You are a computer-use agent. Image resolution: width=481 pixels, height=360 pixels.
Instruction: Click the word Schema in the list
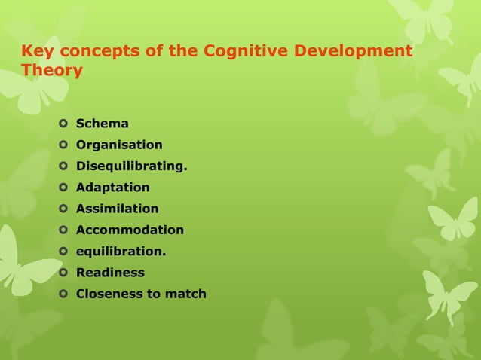click(102, 124)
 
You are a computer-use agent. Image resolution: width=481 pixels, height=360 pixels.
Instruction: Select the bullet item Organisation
click(118, 145)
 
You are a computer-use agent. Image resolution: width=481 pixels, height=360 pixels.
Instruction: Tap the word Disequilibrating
click(131, 166)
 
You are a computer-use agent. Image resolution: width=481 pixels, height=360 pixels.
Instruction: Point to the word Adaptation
click(112, 188)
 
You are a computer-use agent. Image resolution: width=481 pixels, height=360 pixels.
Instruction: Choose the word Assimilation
click(117, 209)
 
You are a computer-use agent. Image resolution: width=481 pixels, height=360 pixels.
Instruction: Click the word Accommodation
click(130, 230)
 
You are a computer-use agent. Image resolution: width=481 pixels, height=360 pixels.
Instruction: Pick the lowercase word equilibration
click(121, 252)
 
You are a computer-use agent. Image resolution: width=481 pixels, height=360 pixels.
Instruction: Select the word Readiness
click(110, 273)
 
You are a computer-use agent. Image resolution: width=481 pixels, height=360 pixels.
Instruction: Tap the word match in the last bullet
click(185, 294)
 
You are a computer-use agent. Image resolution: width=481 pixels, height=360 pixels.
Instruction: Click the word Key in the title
click(35, 52)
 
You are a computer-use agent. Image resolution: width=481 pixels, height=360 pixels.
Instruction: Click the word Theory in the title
click(52, 72)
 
